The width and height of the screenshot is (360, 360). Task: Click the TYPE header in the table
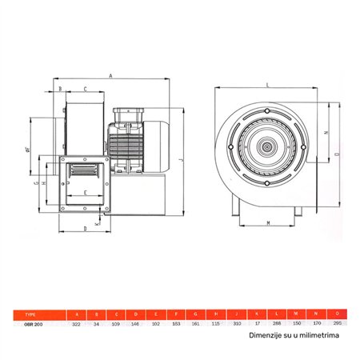pos(31,314)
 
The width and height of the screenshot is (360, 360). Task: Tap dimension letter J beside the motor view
pos(182,159)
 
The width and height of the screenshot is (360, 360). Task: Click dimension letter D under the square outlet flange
pos(84,228)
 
